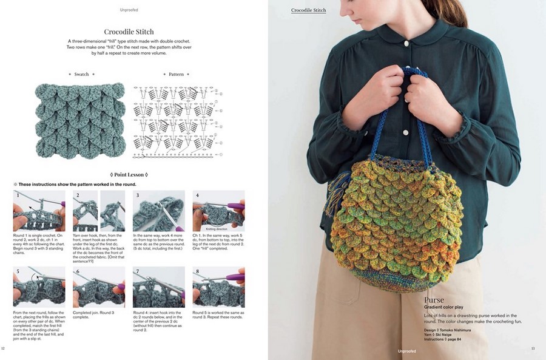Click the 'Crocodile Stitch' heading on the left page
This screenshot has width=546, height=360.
click(x=129, y=32)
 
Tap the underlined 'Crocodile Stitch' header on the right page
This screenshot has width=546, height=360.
click(x=308, y=10)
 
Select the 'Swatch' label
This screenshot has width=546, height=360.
click(x=81, y=74)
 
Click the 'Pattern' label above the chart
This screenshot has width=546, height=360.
click(x=176, y=74)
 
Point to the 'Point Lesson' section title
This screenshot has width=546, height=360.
click(x=128, y=174)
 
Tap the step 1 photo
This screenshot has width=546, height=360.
click(x=39, y=211)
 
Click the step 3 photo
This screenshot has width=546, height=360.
click(x=158, y=211)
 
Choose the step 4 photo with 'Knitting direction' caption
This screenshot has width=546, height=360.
click(x=218, y=211)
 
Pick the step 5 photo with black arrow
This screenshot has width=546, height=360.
click(x=39, y=287)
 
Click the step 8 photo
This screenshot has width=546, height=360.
click(x=218, y=287)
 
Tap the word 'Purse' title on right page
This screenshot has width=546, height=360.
click(x=434, y=300)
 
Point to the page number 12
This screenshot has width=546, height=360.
click(x=4, y=348)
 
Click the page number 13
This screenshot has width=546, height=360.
click(x=533, y=348)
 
